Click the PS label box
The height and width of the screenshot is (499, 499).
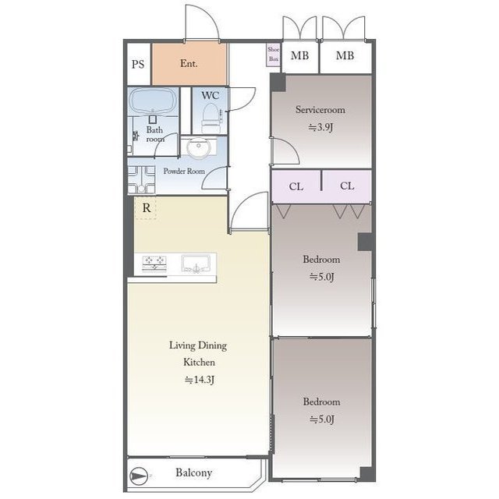tap(137, 64)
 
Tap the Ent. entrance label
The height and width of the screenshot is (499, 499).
tap(189, 64)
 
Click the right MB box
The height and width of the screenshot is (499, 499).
tap(345, 56)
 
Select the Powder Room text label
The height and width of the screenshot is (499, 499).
tap(184, 172)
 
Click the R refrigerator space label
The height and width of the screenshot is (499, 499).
tap(146, 207)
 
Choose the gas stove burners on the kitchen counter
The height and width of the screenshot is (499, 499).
tap(154, 264)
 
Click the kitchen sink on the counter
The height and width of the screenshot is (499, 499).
tap(196, 264)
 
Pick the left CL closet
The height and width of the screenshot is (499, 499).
tap(296, 186)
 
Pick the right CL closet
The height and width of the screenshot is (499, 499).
tap(347, 186)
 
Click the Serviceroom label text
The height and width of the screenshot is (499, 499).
tap(320, 110)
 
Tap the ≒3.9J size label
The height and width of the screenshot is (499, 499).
tap(320, 126)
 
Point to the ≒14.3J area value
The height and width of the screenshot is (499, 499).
tap(199, 380)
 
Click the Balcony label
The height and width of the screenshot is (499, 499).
tap(193, 473)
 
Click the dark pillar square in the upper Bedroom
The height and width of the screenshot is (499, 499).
tap(364, 242)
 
